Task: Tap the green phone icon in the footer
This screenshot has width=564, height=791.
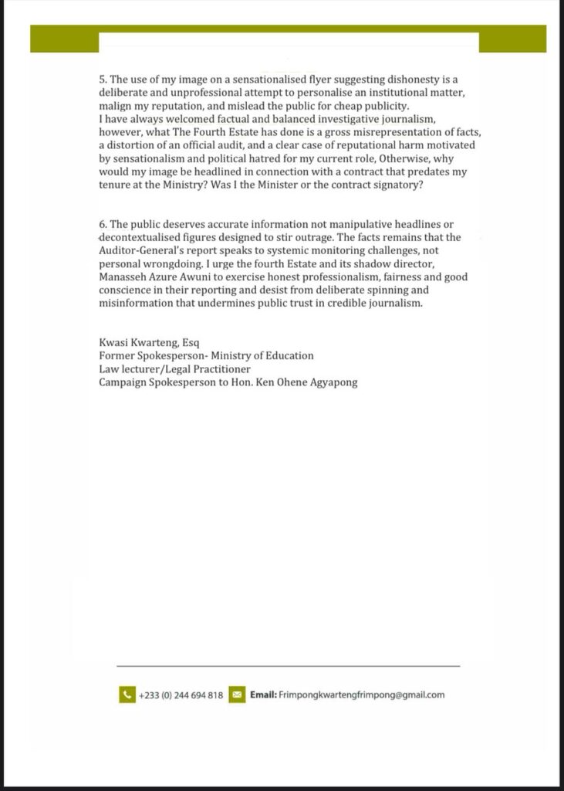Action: (127, 694)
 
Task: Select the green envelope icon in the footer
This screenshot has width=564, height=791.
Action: (237, 694)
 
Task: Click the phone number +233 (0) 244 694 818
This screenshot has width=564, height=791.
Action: (181, 695)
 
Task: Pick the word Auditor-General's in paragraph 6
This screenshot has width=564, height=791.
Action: (139, 250)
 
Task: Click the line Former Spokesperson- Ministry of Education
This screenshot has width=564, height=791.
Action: (206, 355)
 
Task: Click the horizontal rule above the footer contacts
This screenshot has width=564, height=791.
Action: (288, 665)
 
